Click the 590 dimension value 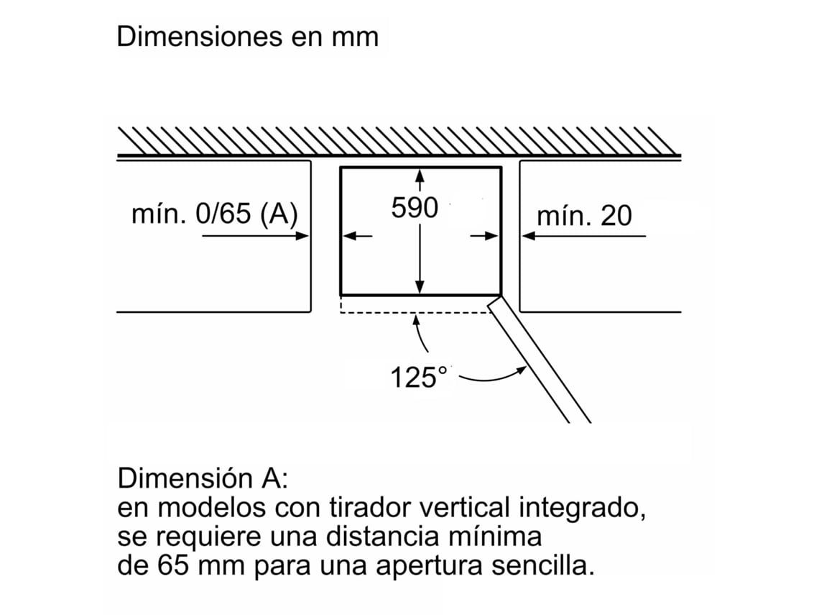(415, 208)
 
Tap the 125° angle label (419, 376)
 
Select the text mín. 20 (585, 216)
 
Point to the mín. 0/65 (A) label (215, 214)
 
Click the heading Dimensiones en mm (248, 37)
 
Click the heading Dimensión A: (203, 478)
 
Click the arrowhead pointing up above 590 (420, 176)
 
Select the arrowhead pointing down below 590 (420, 287)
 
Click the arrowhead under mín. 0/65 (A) (302, 236)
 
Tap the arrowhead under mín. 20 (529, 236)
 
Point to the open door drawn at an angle (539, 360)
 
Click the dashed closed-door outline (416, 312)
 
